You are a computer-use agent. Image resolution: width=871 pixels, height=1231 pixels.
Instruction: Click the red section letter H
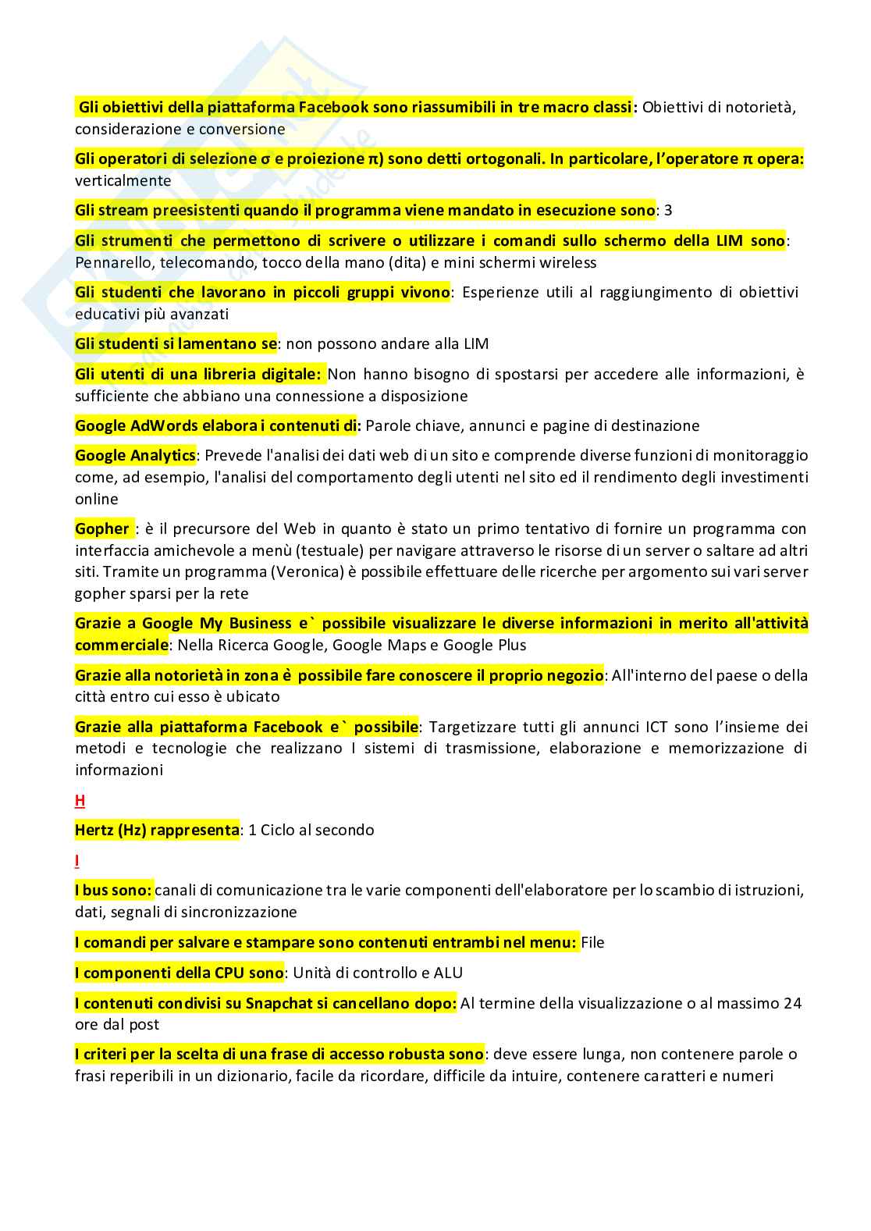[80, 800]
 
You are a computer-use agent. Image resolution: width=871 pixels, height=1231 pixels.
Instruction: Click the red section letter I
[77, 861]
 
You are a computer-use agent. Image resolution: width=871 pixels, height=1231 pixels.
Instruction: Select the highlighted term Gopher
[102, 528]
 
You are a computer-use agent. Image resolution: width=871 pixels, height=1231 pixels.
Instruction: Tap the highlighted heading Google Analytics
[135, 455]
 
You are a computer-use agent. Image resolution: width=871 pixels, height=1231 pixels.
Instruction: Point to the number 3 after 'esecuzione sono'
[668, 210]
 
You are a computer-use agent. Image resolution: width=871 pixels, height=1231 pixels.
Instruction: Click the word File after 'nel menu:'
[593, 942]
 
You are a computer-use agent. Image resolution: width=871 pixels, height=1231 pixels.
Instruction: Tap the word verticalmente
[123, 180]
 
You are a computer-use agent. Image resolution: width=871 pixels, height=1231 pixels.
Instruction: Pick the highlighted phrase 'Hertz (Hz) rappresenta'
[157, 830]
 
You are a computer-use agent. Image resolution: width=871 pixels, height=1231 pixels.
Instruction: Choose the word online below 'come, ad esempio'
[97, 499]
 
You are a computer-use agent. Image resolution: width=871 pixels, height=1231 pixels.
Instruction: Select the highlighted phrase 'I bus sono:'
[113, 890]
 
